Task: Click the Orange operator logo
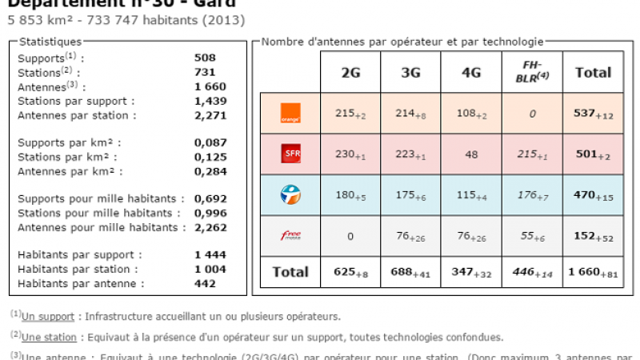(290, 114)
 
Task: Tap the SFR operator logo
(290, 154)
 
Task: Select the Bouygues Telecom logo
(290, 194)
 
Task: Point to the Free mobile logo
(290, 234)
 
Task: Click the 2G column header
(350, 72)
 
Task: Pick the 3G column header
(411, 72)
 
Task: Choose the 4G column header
(472, 72)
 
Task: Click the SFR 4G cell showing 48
(472, 154)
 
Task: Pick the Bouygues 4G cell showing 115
(472, 194)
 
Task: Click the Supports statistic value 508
(205, 58)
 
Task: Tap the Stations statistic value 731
(205, 72)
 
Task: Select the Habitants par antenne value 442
(205, 283)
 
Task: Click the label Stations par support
(76, 101)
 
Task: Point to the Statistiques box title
(50, 41)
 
